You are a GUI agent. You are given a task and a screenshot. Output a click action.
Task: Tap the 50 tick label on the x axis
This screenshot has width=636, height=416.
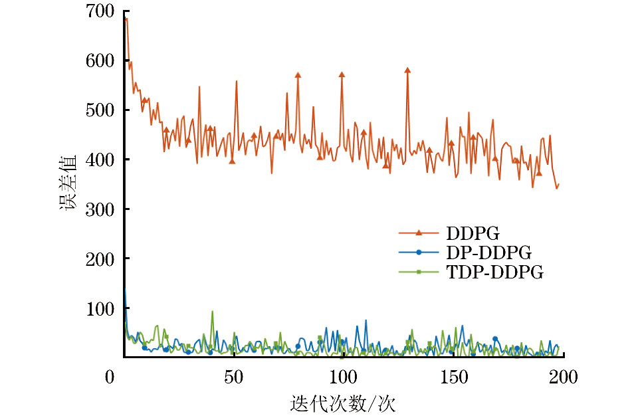[233, 378]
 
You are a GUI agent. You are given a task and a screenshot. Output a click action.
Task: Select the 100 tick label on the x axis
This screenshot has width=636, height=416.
[343, 378]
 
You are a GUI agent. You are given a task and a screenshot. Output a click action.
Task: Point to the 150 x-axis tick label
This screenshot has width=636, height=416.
[453, 378]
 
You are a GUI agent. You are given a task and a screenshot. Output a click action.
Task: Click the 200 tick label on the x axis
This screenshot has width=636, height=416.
[562, 378]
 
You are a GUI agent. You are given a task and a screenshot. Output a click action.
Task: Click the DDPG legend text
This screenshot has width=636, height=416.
[473, 233]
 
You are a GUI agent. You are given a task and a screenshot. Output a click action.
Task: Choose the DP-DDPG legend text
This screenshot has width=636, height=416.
[489, 253]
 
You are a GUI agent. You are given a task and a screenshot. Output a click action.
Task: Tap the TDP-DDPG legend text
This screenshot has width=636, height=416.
[495, 272]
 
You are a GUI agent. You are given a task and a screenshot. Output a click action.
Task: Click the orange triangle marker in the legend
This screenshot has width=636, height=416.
[419, 233]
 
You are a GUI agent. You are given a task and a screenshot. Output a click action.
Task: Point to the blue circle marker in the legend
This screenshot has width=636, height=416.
[419, 252]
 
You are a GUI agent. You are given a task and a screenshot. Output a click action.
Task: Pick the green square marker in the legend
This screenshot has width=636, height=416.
[419, 272]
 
